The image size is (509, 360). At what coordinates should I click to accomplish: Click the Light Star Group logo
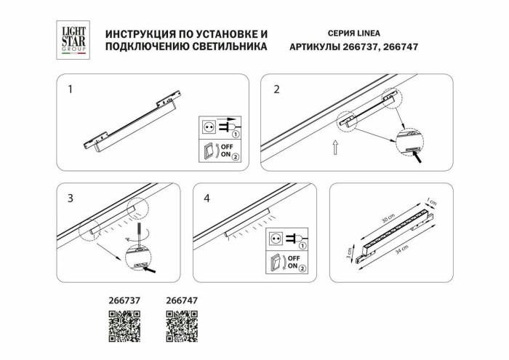(73, 39)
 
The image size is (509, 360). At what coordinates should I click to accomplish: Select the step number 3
(71, 198)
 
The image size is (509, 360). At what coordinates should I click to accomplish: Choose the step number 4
(207, 198)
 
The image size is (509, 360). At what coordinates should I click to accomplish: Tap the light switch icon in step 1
(208, 151)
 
